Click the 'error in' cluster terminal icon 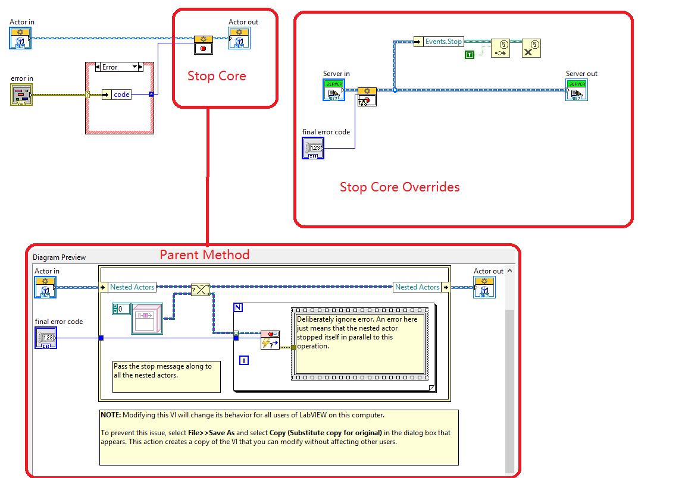pos(21,95)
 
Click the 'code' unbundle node pos(121,95)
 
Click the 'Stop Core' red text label pos(217,76)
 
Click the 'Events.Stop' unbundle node pos(443,42)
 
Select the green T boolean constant pos(470,55)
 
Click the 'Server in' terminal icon pos(334,89)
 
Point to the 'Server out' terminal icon pos(576,89)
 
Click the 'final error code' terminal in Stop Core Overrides pos(314,147)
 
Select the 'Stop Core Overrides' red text pos(399,187)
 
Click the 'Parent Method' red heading pos(204,255)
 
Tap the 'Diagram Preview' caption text pos(59,257)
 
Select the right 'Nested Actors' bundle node pos(417,287)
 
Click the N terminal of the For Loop pos(238,307)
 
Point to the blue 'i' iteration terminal pos(243,360)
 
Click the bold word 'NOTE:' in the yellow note pos(111,415)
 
